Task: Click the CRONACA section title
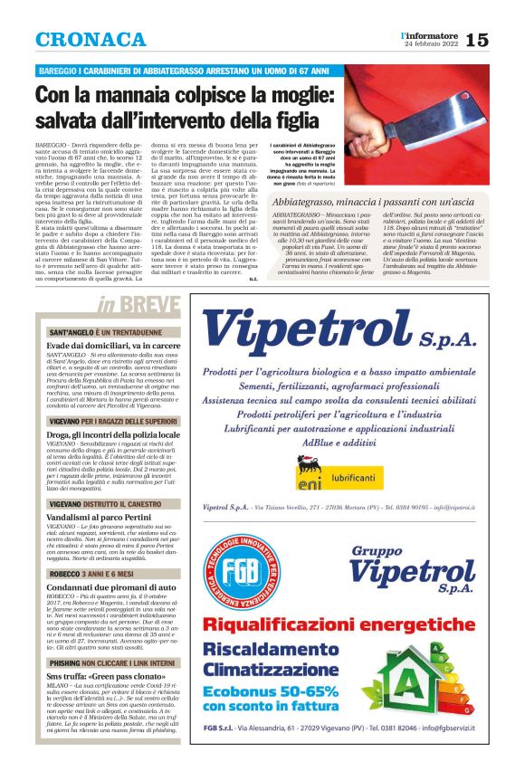click(x=91, y=41)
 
